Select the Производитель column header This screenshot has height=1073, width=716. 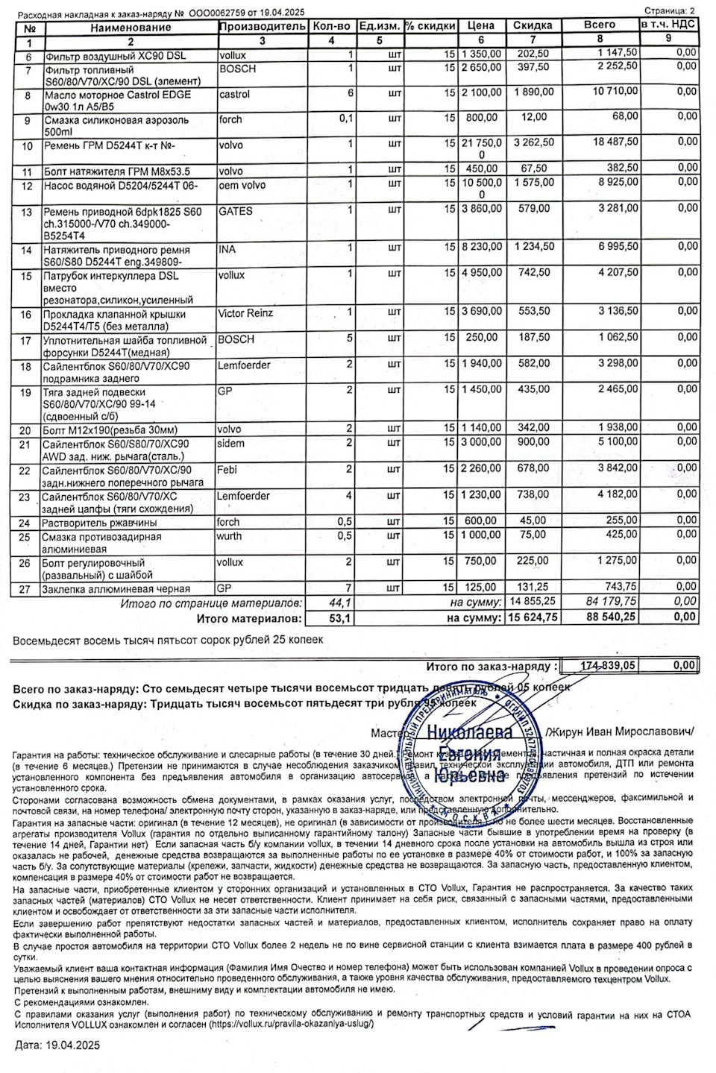pyautogui.click(x=262, y=26)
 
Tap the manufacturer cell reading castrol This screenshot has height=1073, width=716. pyautogui.click(x=234, y=95)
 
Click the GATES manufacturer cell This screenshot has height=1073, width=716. pyautogui.click(x=236, y=211)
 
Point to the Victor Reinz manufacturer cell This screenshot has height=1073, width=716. pyautogui.click(x=245, y=313)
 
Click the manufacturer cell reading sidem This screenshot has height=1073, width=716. pyautogui.click(x=231, y=443)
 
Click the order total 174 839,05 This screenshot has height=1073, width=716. pyautogui.click(x=599, y=666)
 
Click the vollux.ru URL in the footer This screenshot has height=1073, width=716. pyautogui.click(x=291, y=1024)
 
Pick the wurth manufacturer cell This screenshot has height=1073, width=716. pyautogui.click(x=230, y=535)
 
